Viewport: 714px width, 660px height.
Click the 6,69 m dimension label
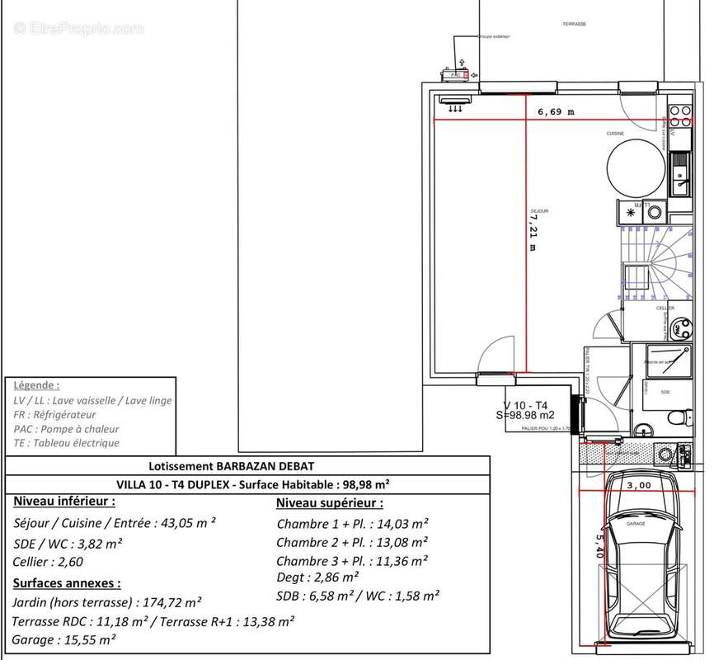pyautogui.click(x=556, y=111)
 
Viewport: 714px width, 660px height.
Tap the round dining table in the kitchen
pyautogui.click(x=635, y=167)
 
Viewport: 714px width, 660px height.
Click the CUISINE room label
pyautogui.click(x=616, y=134)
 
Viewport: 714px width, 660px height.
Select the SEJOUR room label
pyautogui.click(x=541, y=210)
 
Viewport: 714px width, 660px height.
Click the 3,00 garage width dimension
pyautogui.click(x=638, y=486)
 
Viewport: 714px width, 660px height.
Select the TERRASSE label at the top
pyautogui.click(x=574, y=24)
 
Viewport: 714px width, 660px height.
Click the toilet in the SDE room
pyautogui.click(x=676, y=417)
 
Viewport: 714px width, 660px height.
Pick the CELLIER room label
pyautogui.click(x=665, y=308)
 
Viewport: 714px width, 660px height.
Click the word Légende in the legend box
pyautogui.click(x=37, y=385)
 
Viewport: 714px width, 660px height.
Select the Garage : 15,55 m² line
pyautogui.click(x=64, y=639)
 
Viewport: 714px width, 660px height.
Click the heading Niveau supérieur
pyautogui.click(x=329, y=502)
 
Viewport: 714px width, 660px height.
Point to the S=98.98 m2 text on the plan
pyautogui.click(x=525, y=415)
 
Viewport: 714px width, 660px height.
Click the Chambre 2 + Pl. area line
pyautogui.click(x=352, y=542)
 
